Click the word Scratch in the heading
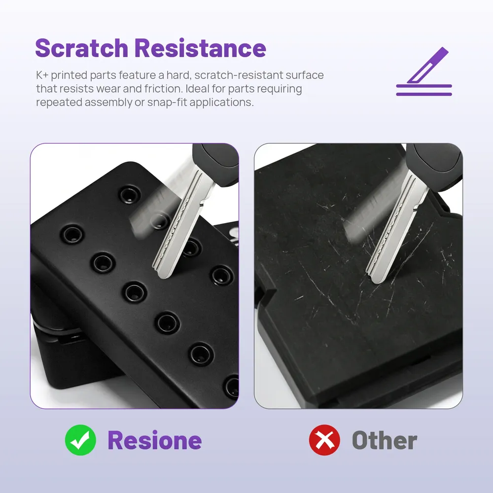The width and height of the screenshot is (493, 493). [81, 48]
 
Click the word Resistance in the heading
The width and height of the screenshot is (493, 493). [201, 48]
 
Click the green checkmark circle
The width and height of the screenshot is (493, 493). [80, 440]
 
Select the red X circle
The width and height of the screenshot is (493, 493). [324, 440]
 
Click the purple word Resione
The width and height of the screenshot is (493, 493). [154, 440]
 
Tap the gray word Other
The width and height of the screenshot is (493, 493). [385, 440]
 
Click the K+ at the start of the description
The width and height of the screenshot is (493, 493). [42, 75]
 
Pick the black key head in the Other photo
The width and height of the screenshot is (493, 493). [434, 167]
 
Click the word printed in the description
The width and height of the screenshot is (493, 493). [69, 75]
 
